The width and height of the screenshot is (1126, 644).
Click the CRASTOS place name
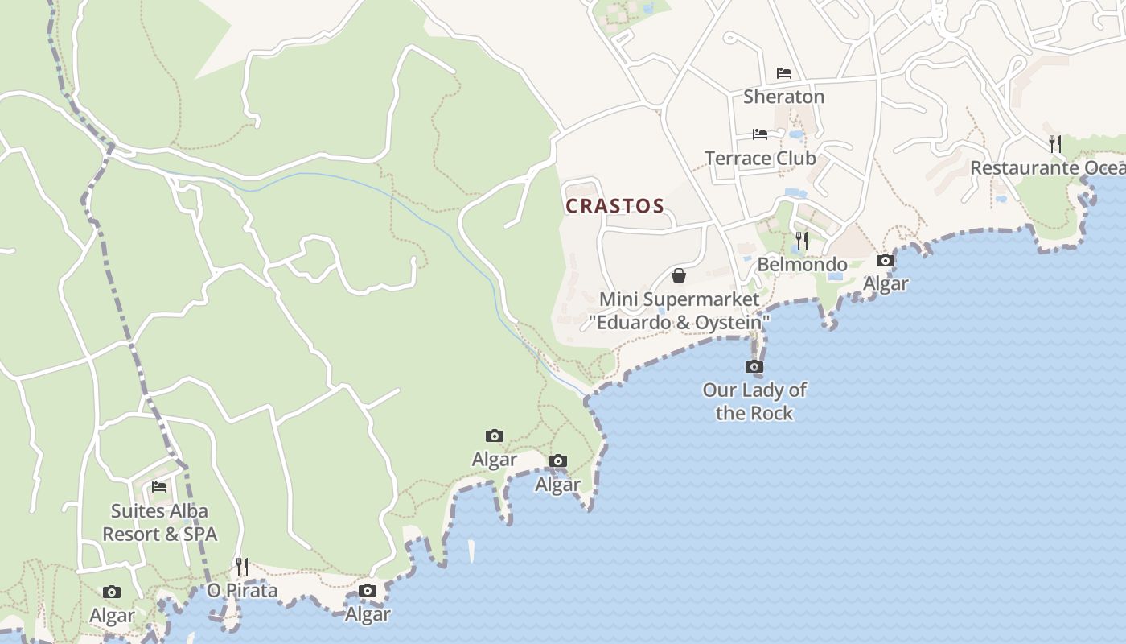pyautogui.click(x=614, y=206)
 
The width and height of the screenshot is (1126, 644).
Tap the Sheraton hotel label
pyautogui.click(x=783, y=97)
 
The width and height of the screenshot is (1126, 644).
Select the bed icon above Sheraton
pyautogui.click(x=784, y=73)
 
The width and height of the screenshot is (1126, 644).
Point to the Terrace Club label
pyautogui.click(x=760, y=158)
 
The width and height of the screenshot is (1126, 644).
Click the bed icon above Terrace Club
pyautogui.click(x=760, y=134)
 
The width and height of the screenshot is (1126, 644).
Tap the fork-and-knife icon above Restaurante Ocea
pyautogui.click(x=1055, y=144)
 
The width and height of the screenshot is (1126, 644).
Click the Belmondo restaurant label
pyautogui.click(x=802, y=264)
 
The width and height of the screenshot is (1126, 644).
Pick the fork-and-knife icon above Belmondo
pyautogui.click(x=802, y=240)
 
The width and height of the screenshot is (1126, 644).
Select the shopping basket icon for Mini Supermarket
pyautogui.click(x=679, y=275)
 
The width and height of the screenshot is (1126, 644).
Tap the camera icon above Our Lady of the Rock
pyautogui.click(x=754, y=367)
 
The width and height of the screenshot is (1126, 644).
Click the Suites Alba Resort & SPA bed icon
pyautogui.click(x=159, y=487)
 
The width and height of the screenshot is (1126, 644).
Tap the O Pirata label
pyautogui.click(x=242, y=590)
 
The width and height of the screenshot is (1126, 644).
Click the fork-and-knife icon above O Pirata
pyautogui.click(x=242, y=567)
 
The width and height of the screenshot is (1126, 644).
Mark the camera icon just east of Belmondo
pyautogui.click(x=885, y=260)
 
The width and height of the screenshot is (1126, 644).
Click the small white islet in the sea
pyautogui.click(x=471, y=551)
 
